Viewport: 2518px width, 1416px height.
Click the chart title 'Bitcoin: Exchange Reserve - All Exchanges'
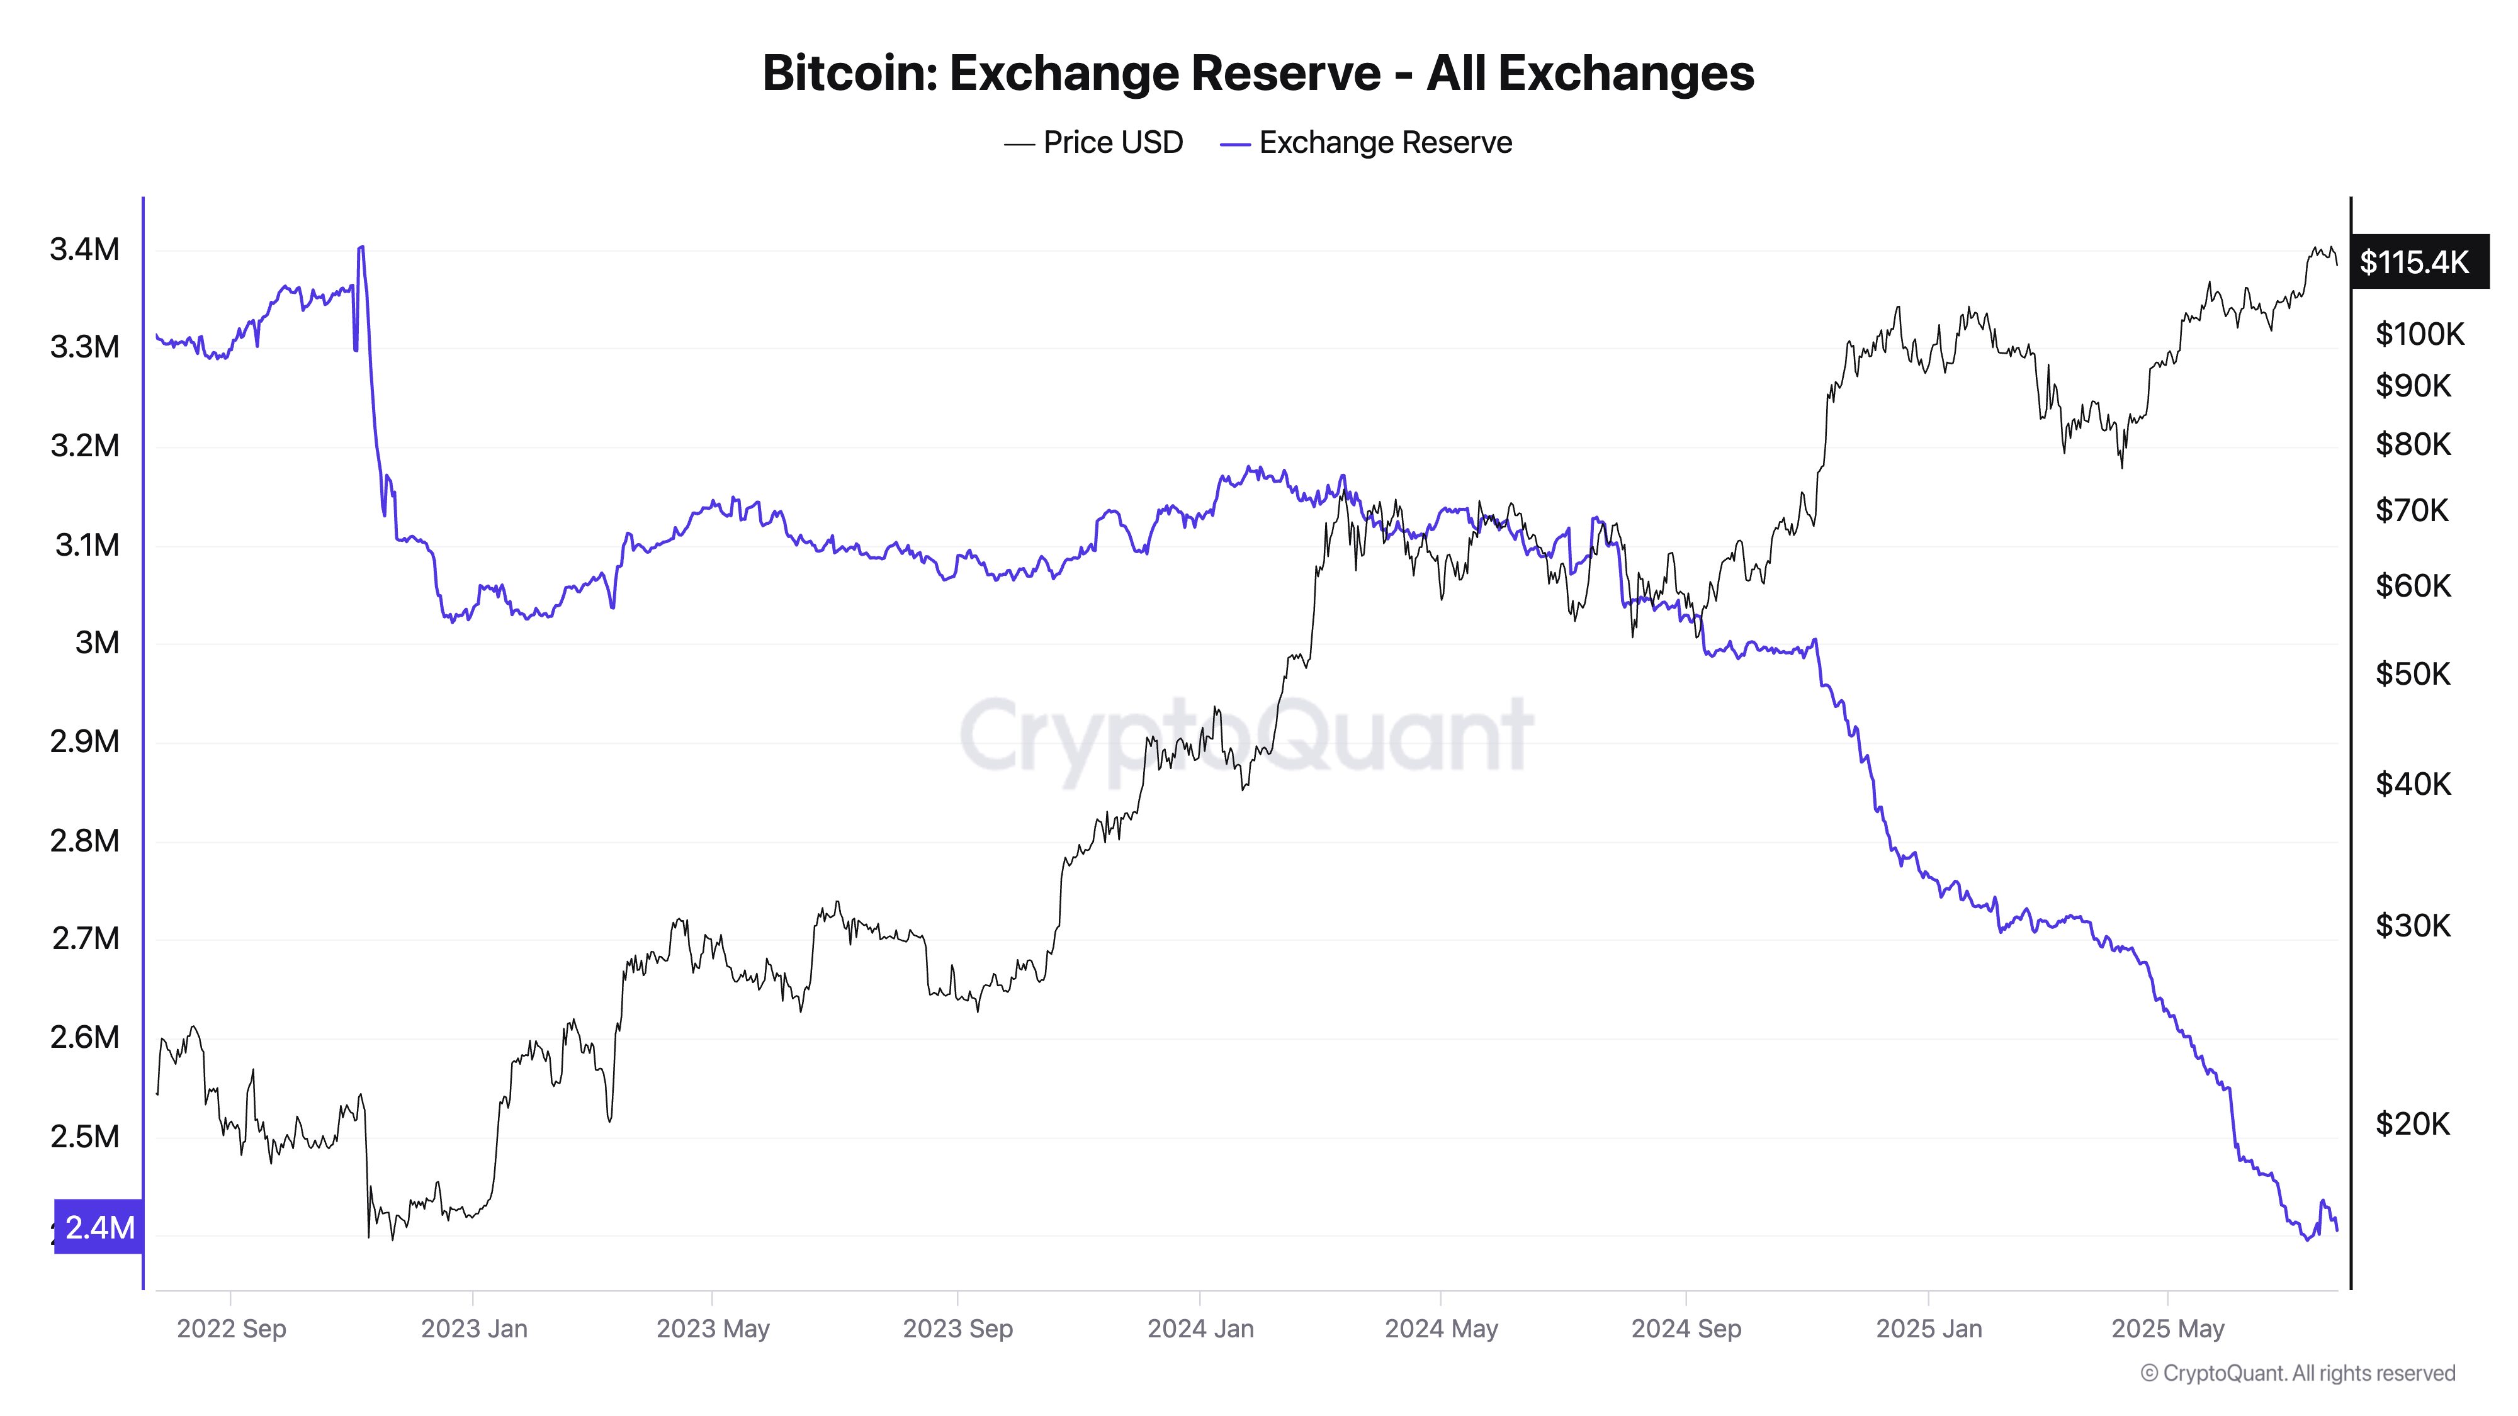1258,73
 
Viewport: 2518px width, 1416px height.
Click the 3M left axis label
97,643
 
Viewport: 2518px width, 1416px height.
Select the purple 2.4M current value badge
99,1227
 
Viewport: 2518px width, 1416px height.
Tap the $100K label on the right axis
2419,334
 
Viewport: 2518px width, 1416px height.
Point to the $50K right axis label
2412,674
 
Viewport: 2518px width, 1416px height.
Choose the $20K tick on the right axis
2412,1124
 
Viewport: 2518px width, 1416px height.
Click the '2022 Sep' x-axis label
232,1329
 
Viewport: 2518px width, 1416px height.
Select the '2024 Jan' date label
1200,1329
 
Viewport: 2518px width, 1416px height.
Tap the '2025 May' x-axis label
2167,1329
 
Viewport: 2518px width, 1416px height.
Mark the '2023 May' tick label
713,1329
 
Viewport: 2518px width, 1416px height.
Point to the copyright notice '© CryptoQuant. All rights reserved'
2297,1373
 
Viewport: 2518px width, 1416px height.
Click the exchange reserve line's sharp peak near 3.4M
362,247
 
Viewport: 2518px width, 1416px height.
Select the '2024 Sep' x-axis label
1686,1329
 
